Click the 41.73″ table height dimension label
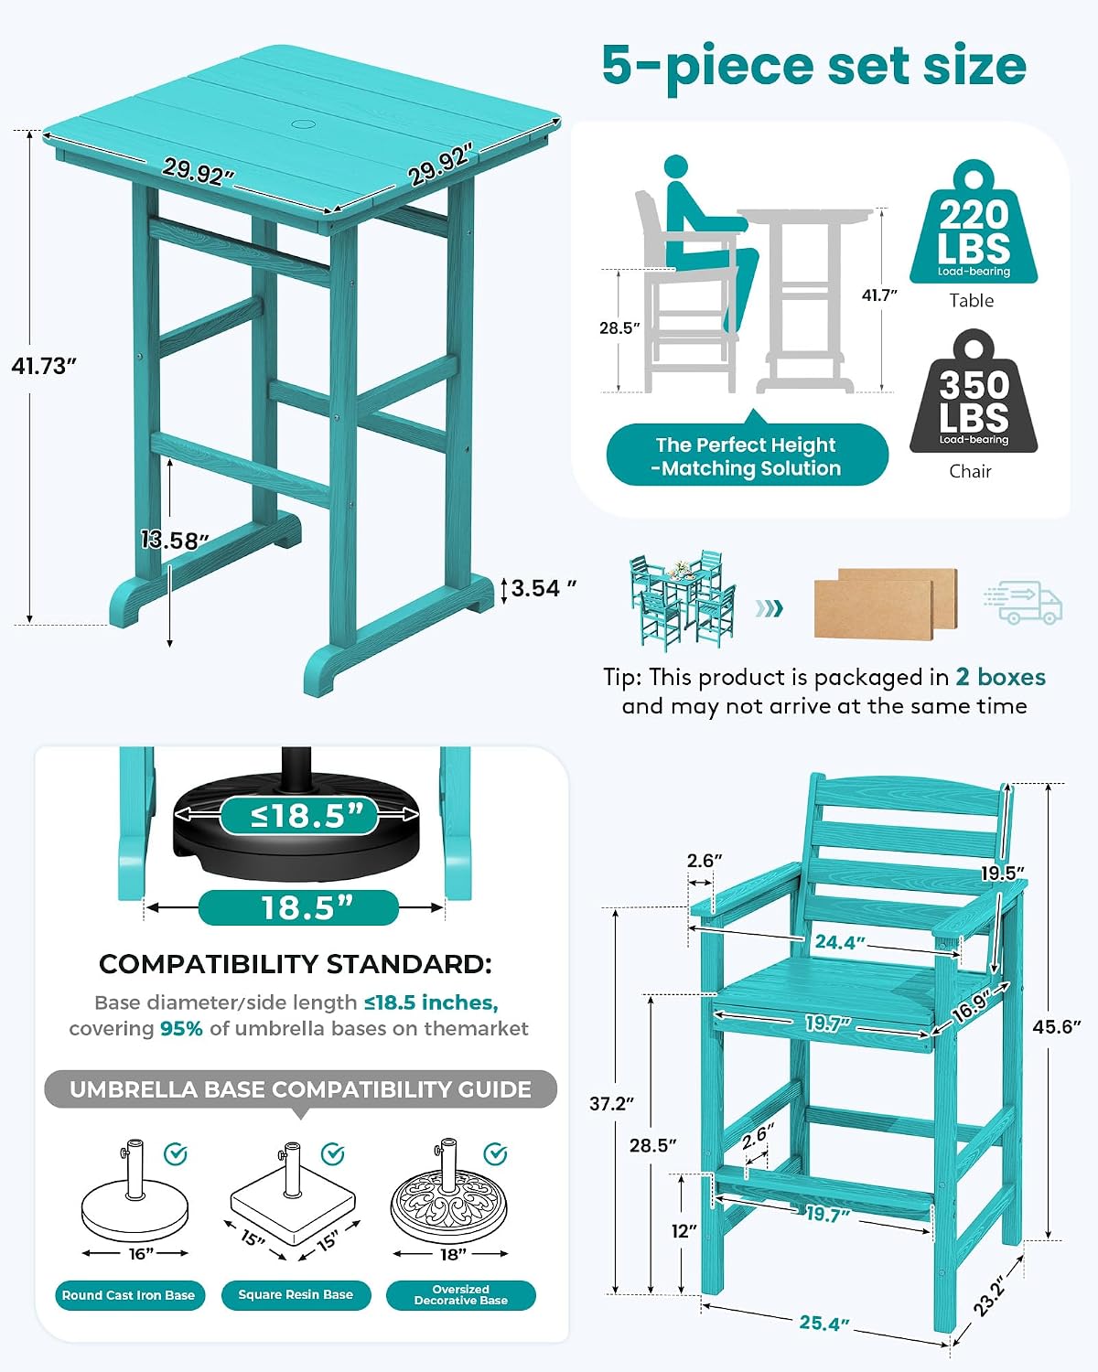pyautogui.click(x=44, y=366)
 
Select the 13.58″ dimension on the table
pyautogui.click(x=174, y=541)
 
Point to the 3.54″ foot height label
pyautogui.click(x=544, y=588)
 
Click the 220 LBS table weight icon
pyautogui.click(x=974, y=222)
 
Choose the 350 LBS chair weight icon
pyautogui.click(x=974, y=391)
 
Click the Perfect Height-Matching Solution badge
pyautogui.click(x=748, y=456)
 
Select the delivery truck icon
pyautogui.click(x=1023, y=602)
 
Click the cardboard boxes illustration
pyautogui.click(x=886, y=603)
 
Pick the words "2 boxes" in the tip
pyautogui.click(x=1000, y=677)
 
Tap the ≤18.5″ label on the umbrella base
pyautogui.click(x=298, y=815)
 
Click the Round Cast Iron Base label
pyautogui.click(x=130, y=1295)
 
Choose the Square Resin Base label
pyautogui.click(x=296, y=1295)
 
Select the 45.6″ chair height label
pyautogui.click(x=1057, y=1026)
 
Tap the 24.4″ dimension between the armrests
pyautogui.click(x=840, y=942)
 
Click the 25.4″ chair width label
pyautogui.click(x=824, y=1323)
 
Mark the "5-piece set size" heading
pyautogui.click(x=814, y=66)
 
